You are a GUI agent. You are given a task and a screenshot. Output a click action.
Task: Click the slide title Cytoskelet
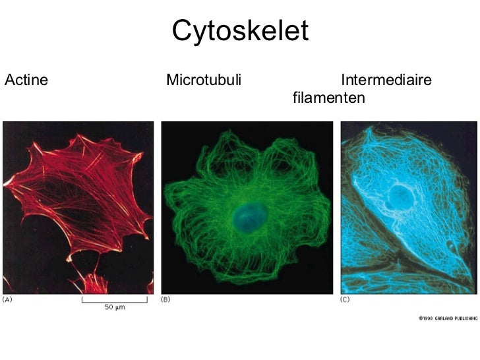240,31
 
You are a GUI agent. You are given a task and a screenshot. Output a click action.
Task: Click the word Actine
26,81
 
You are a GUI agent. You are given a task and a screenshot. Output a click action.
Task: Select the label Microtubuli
204,81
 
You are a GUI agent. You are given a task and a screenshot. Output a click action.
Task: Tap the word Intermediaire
386,81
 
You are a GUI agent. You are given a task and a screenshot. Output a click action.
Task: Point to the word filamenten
328,98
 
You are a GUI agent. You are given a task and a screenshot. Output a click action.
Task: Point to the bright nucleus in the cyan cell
399,195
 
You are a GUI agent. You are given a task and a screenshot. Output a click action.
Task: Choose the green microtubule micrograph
247,208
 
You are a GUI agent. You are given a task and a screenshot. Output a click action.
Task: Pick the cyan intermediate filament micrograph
408,208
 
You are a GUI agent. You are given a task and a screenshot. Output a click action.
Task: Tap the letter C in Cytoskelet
183,31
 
